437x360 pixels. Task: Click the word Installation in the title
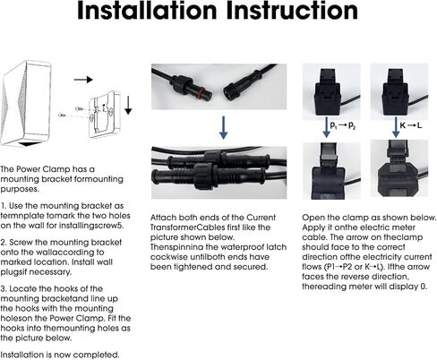(147, 11)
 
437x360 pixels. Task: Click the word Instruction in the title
(292, 11)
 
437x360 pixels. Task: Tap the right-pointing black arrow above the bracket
(83, 80)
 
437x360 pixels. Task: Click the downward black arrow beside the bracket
(128, 105)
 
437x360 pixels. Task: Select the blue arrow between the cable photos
(223, 127)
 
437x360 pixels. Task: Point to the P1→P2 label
(343, 125)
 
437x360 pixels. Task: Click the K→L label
(411, 125)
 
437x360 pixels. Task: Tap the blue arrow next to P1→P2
(326, 127)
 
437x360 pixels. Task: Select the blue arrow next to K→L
(396, 127)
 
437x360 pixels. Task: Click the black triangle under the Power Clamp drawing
(30, 144)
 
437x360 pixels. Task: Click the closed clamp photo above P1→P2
(331, 91)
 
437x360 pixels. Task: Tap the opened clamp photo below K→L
(399, 168)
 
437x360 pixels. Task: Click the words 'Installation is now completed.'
(60, 355)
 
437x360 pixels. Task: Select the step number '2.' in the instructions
(4, 242)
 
